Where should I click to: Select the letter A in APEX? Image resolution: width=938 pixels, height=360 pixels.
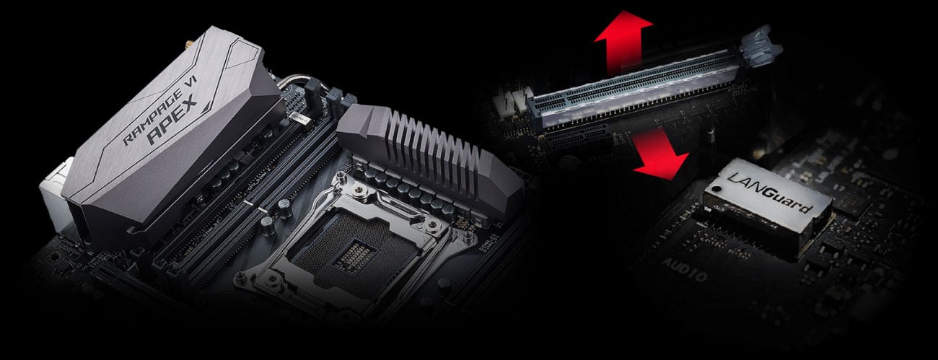[153, 137]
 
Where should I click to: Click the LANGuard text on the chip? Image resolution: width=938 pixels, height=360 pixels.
[772, 193]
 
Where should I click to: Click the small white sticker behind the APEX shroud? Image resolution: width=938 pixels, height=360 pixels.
[299, 115]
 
